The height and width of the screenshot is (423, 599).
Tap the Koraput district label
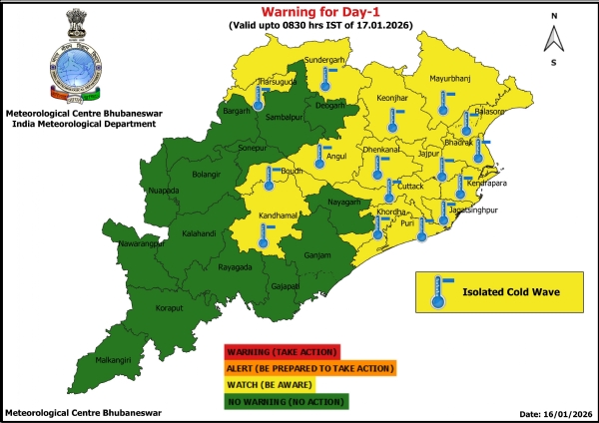[x=155, y=309]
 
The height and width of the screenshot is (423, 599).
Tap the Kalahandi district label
[x=201, y=236]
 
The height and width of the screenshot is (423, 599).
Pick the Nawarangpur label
[x=137, y=243]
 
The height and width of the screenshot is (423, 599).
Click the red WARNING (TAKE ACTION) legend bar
[x=284, y=352]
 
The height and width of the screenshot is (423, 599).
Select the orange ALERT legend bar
[x=309, y=368]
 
